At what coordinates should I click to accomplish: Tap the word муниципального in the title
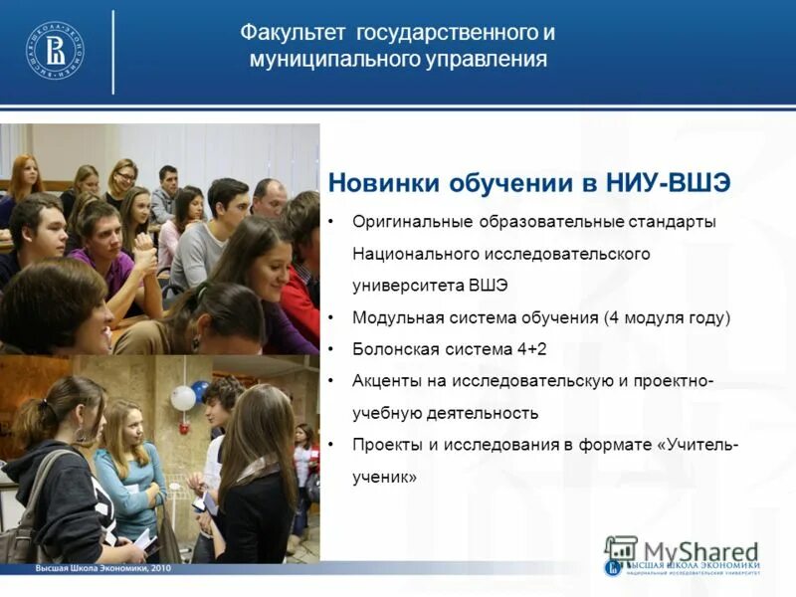click(x=319, y=60)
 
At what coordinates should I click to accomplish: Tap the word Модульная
click(x=392, y=317)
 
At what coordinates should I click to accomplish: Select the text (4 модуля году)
click(x=667, y=317)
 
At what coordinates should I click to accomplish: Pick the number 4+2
click(x=528, y=349)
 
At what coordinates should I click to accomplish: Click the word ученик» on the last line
click(x=384, y=477)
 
